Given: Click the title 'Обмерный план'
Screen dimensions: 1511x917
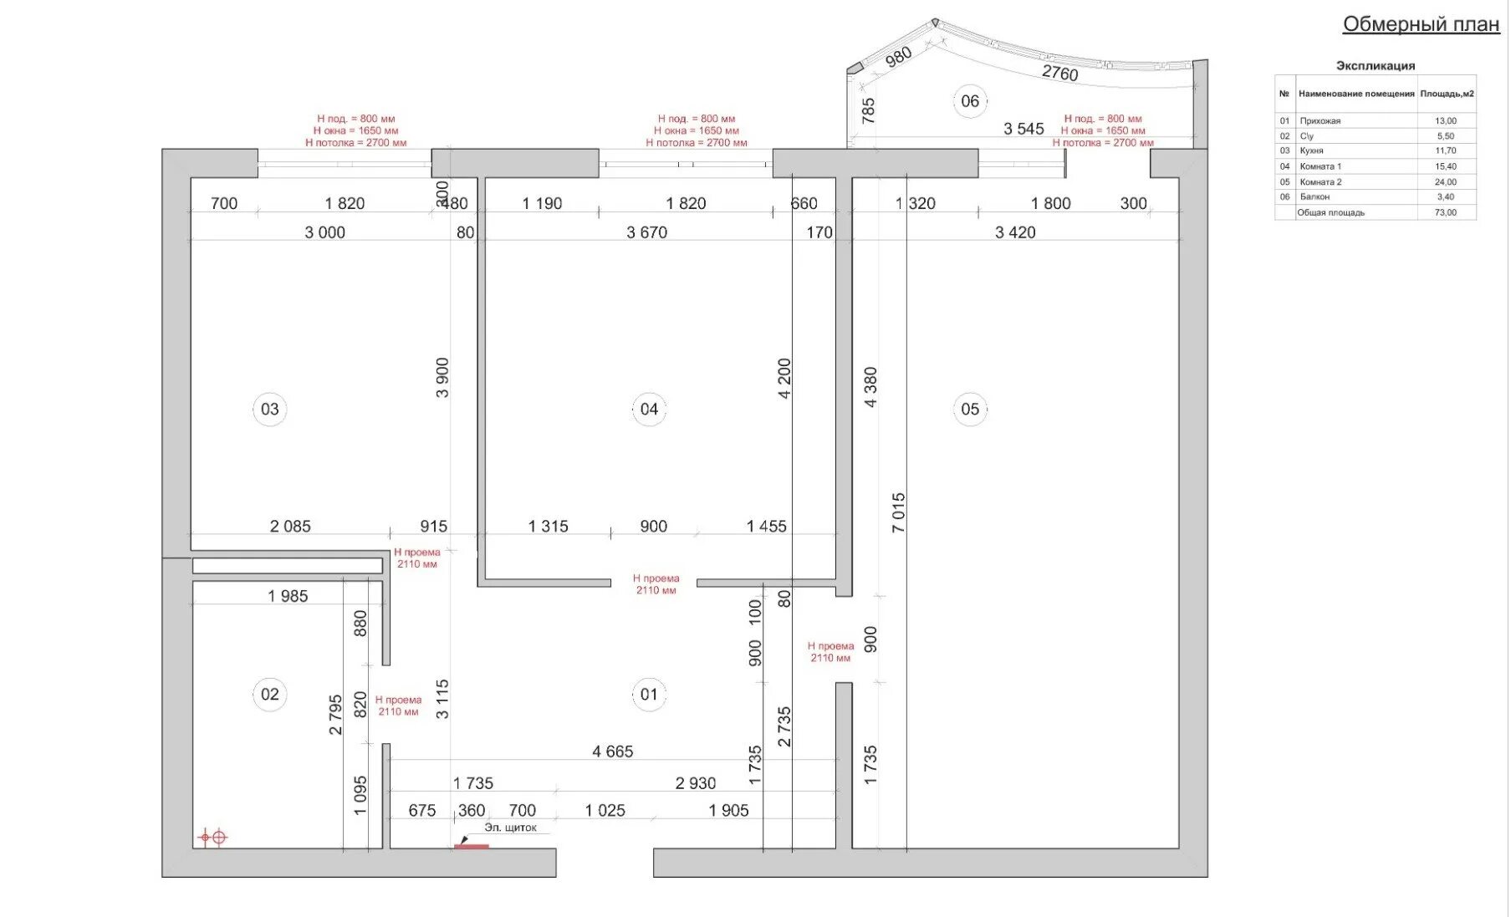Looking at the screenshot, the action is tap(1421, 24).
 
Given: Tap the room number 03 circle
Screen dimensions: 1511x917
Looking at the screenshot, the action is tap(269, 409).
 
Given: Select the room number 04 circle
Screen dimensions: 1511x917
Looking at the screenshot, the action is tap(649, 409).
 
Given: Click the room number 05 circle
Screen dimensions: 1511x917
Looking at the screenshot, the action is tap(970, 409).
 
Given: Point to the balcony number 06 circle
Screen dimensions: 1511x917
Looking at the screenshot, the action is tap(970, 101).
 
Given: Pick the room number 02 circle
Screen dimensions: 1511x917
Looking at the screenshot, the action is tap(269, 694).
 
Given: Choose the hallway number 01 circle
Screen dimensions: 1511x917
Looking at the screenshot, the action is tap(649, 694).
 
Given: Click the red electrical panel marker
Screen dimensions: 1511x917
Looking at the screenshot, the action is tap(472, 846).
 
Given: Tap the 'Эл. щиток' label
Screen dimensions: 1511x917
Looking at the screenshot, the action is tap(510, 828).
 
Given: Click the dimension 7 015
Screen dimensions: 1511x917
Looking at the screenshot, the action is tap(898, 512).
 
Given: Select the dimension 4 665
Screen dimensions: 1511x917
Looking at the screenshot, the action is tap(613, 751).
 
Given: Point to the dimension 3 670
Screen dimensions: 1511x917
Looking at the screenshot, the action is tap(647, 232).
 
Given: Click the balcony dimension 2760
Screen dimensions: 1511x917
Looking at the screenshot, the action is tap(1060, 73).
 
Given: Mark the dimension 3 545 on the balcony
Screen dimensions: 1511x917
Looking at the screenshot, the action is tap(1024, 129).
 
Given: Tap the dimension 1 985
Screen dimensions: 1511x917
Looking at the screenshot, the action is tap(288, 596).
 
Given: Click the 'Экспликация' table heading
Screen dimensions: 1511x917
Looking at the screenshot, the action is tap(1376, 65).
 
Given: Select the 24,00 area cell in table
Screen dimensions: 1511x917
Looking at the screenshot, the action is tap(1446, 181).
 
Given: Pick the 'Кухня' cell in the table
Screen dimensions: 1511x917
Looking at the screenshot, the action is tap(1311, 150).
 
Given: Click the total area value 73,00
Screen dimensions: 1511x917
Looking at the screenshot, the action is tap(1446, 212).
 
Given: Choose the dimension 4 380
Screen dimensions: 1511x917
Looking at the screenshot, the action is tap(870, 387).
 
